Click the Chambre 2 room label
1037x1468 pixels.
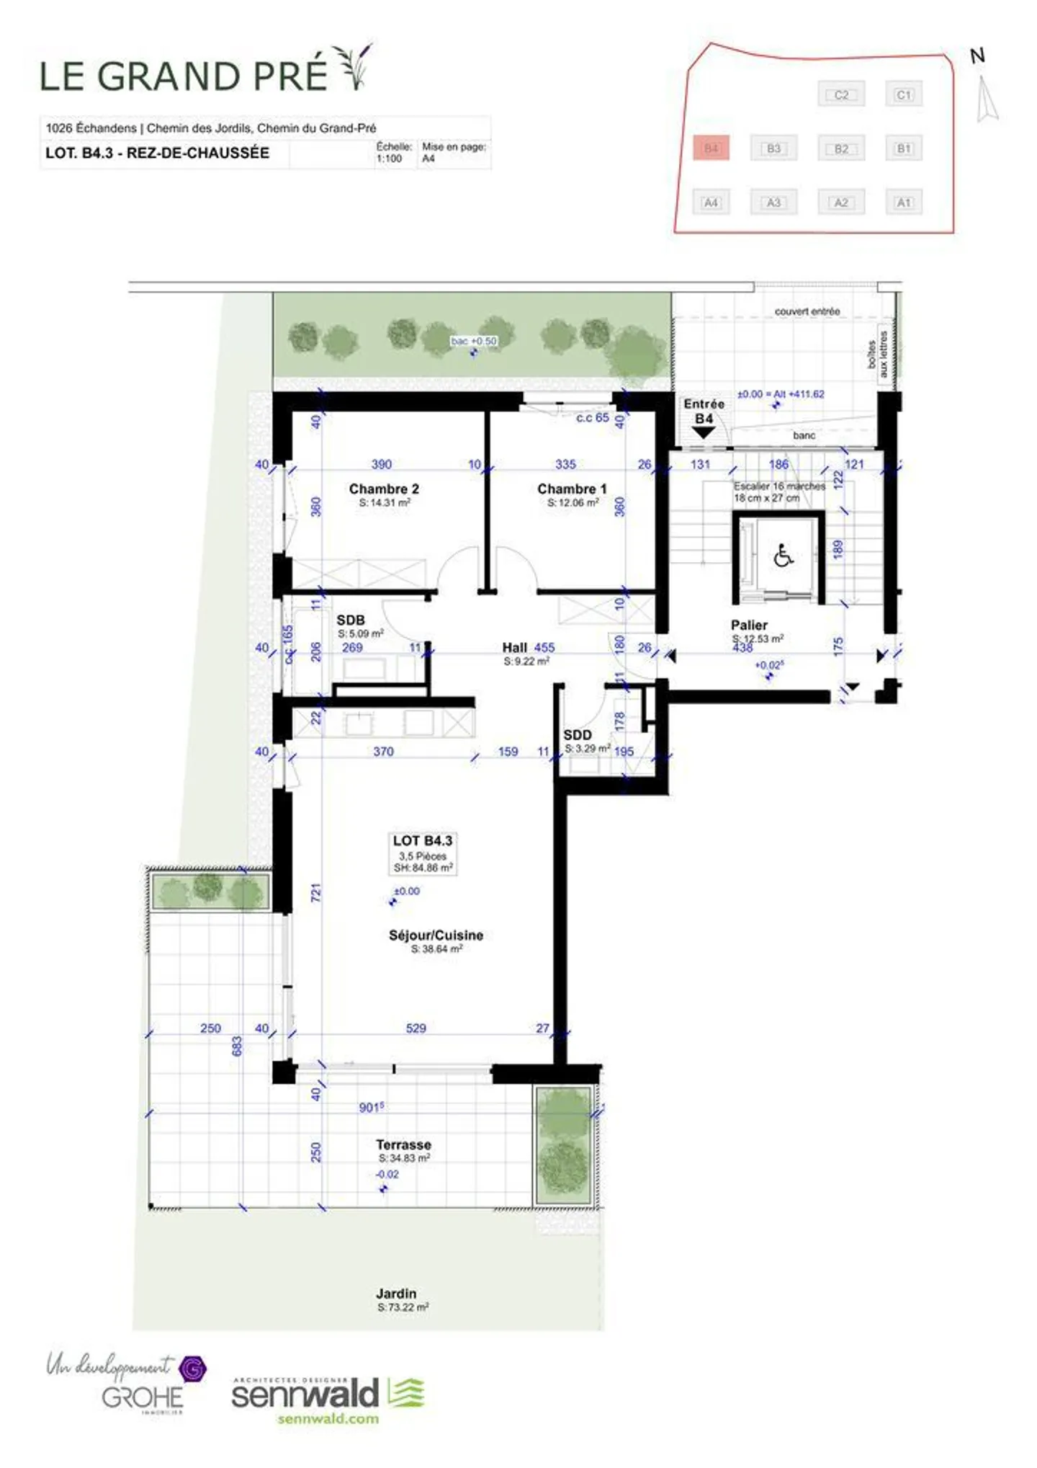[x=383, y=489]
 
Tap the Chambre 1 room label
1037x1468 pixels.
[x=572, y=489]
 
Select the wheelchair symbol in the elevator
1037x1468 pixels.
[x=783, y=556]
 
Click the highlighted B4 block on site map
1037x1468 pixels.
[x=711, y=148]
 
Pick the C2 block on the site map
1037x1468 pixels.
[x=840, y=94]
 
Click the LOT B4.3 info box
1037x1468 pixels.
[x=423, y=853]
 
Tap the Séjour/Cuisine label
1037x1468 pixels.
[x=436, y=935]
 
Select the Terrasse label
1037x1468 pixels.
[x=403, y=1144]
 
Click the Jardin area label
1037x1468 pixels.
[x=396, y=1294]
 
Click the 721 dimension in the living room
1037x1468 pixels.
[x=315, y=892]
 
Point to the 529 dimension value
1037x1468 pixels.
[x=416, y=1028]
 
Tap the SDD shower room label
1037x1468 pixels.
[x=577, y=734]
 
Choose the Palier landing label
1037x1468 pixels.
[x=749, y=625]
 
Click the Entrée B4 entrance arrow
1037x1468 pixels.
[x=703, y=432]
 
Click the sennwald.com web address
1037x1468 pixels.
[x=328, y=1418]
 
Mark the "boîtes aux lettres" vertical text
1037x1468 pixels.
[x=878, y=354]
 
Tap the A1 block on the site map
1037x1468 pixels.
[x=903, y=203]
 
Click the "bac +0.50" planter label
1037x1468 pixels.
[x=473, y=341]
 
